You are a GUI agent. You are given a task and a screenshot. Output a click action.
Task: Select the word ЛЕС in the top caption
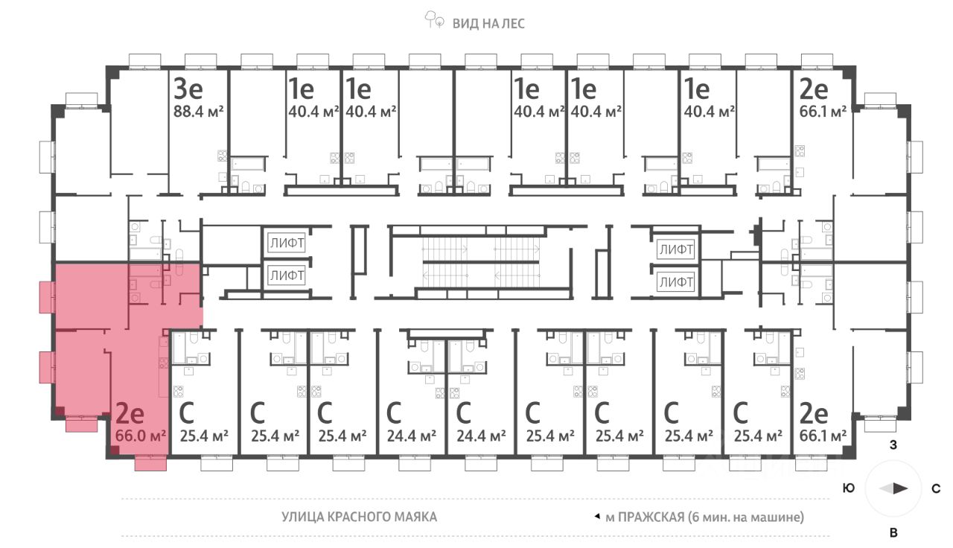pos(512,23)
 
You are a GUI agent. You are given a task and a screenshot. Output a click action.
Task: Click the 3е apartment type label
pos(188,89)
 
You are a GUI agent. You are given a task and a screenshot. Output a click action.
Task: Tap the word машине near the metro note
pos(778,516)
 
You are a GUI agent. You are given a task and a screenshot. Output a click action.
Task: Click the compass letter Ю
pos(848,488)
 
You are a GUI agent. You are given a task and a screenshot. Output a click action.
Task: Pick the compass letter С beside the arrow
pos(936,488)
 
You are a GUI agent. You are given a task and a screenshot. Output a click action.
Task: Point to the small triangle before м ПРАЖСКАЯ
pos(597,516)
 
